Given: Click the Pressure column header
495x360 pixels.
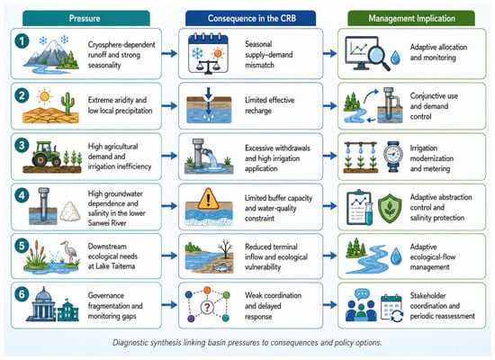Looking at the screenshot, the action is coord(85,18).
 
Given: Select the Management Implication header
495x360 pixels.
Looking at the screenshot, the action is coord(411,18).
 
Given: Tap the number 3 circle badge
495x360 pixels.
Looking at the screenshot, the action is coord(22,146).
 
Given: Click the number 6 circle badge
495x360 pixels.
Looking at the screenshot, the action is coord(22,294).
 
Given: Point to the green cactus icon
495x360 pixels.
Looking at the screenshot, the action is coord(67,103).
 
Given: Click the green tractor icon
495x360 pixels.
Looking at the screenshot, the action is coord(46,154).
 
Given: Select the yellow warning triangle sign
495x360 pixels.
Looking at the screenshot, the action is coord(208,199).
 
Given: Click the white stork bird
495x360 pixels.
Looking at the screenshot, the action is coord(71,251).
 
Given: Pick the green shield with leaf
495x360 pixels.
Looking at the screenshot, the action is coord(390,209).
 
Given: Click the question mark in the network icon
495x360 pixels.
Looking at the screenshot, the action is coord(207,307).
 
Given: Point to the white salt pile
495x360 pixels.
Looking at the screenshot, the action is coord(70,211).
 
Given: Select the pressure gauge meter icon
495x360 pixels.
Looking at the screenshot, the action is coord(393,157).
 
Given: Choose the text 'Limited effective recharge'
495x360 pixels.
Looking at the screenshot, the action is coord(270,105).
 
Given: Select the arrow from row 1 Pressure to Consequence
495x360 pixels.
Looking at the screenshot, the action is coord(169,53).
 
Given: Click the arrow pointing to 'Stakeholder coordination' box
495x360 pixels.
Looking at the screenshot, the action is coord(330,305).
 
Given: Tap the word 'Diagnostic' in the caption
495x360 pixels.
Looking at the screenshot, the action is coord(129,342).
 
